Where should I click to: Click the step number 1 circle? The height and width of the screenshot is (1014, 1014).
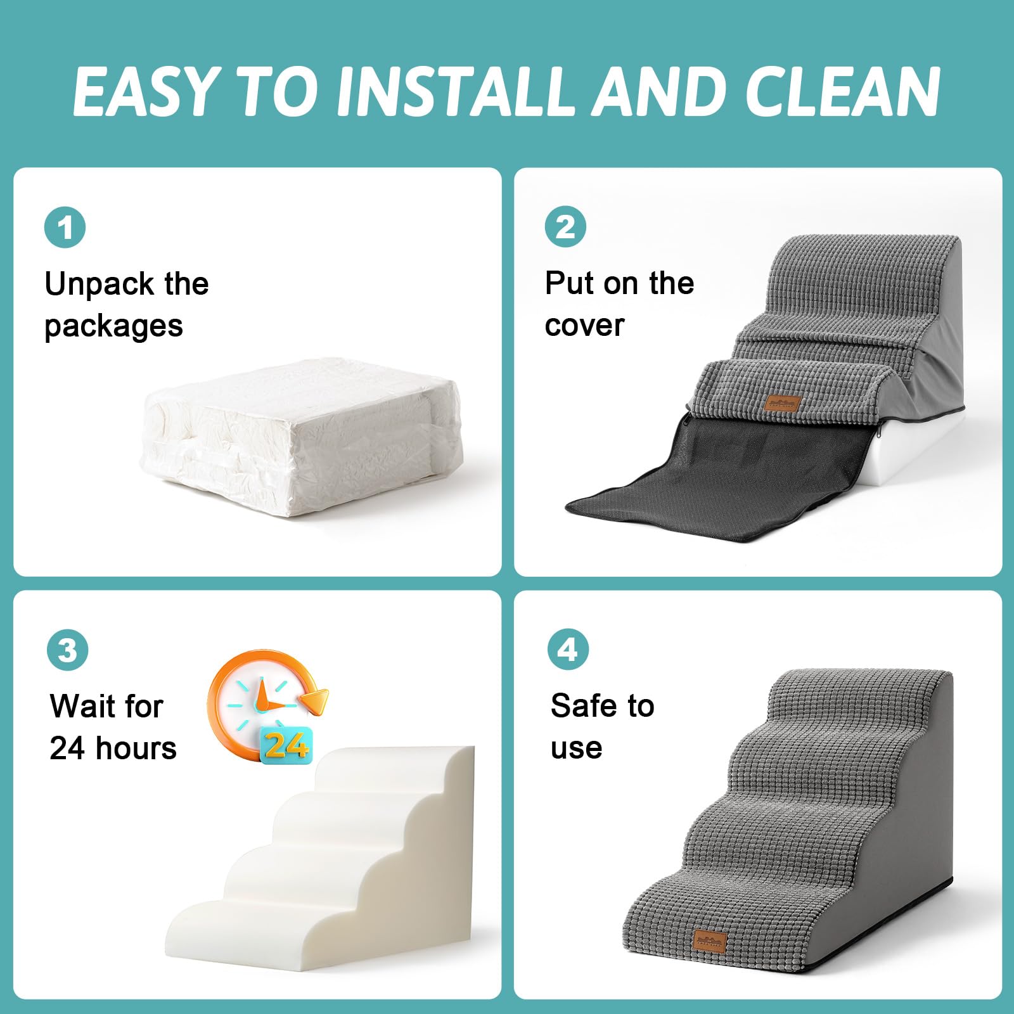(65, 228)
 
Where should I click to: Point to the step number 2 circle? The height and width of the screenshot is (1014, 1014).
(565, 227)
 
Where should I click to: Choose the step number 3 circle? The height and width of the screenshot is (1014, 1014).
(67, 650)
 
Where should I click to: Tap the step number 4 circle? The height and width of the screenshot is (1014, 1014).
(568, 650)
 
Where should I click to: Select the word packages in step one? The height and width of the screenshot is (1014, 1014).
(114, 326)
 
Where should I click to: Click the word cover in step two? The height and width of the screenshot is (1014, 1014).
(584, 326)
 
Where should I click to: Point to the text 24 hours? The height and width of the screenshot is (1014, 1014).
(113, 748)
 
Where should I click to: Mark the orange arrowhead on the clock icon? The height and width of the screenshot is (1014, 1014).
(315, 699)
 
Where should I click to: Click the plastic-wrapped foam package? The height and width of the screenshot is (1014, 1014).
(301, 437)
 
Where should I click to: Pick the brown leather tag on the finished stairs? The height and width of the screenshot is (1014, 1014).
(710, 940)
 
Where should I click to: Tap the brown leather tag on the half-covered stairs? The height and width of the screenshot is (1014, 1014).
(783, 402)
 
